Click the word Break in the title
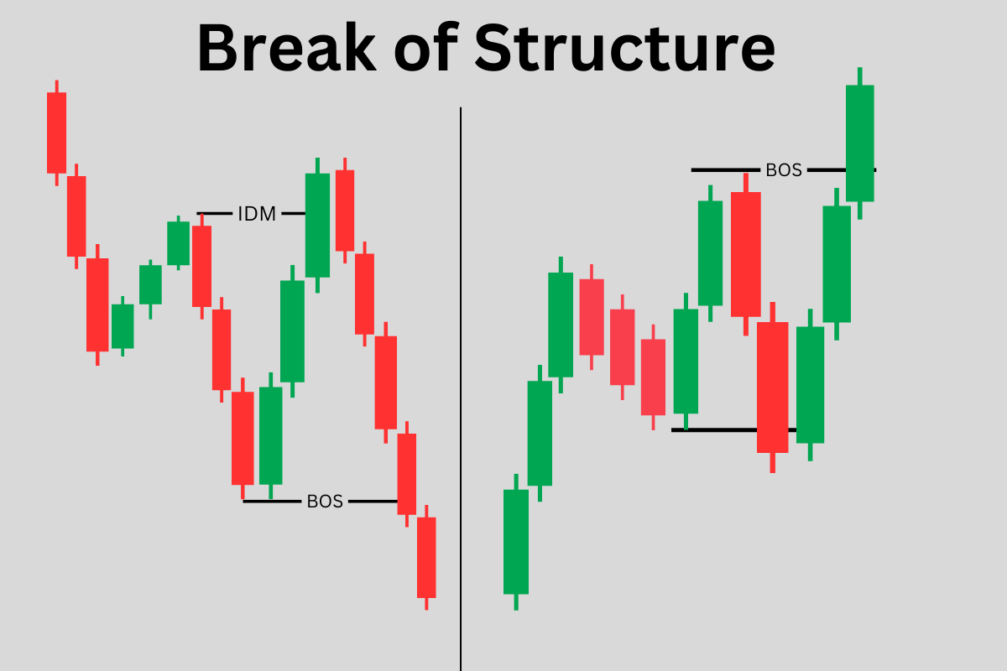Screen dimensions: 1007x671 (286, 47)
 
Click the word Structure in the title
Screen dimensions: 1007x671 (625, 47)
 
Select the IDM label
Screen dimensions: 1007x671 (257, 214)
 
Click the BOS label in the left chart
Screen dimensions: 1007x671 (325, 501)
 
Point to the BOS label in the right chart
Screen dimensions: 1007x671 (784, 170)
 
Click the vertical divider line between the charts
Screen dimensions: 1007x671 (461, 388)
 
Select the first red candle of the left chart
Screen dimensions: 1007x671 (57, 133)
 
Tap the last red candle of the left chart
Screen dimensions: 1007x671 (426, 557)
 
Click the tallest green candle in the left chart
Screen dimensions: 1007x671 (317, 225)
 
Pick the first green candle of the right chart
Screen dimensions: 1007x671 (516, 542)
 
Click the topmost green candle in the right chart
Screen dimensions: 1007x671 (859, 143)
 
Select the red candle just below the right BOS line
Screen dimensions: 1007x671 (746, 254)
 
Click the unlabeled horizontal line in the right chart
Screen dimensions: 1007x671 (733, 430)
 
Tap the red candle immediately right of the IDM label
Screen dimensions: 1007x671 (345, 211)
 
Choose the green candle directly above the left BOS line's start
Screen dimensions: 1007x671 (270, 435)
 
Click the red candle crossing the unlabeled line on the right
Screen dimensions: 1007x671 (772, 388)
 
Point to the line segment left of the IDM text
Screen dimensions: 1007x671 (215, 213)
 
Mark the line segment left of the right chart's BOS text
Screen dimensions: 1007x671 (726, 170)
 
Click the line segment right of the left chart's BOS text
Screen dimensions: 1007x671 (373, 501)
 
